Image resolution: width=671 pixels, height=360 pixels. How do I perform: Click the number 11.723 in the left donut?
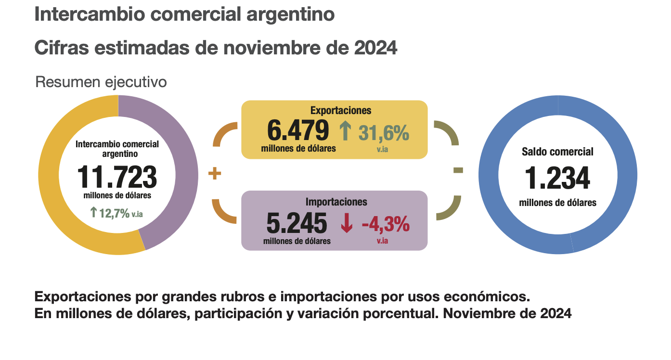(x=117, y=177)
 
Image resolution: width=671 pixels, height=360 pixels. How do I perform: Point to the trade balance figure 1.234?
(x=557, y=178)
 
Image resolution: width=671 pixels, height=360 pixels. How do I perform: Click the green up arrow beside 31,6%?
(x=346, y=131)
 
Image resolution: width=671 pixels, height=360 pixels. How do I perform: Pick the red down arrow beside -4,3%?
(x=347, y=224)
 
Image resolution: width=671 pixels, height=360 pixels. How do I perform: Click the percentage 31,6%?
(x=384, y=132)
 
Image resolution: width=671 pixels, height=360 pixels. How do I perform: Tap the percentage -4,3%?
(x=386, y=224)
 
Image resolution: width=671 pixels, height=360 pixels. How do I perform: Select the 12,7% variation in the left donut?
(x=114, y=213)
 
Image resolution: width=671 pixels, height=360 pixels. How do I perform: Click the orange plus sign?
(x=214, y=174)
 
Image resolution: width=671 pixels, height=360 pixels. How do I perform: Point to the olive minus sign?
(x=458, y=170)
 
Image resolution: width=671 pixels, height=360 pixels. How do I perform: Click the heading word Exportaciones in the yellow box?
(x=341, y=110)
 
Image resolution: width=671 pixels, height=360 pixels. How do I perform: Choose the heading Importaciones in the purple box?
(x=336, y=202)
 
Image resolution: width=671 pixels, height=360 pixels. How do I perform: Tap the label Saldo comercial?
(x=557, y=152)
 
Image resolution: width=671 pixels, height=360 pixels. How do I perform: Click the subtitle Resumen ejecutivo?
(x=101, y=82)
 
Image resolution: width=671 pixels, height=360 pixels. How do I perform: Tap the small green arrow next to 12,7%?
(x=94, y=212)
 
